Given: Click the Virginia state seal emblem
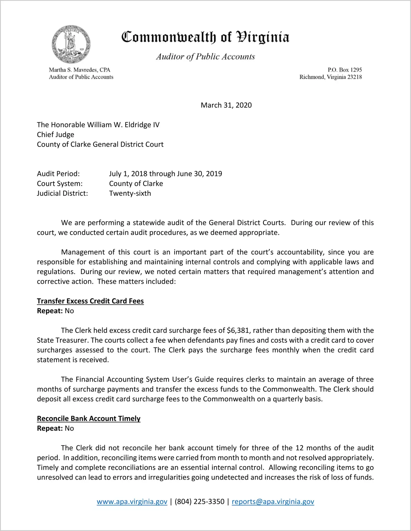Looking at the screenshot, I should point(71,44).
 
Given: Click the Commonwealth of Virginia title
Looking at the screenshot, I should point(205,37).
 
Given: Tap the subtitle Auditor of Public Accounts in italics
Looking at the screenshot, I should point(205,57).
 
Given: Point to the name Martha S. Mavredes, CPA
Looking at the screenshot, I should point(80,70).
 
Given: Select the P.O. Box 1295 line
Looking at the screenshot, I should point(345,70).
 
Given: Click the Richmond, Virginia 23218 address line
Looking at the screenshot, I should point(330,77).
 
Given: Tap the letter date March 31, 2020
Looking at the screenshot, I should point(226,105).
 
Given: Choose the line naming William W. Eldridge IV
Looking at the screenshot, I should point(98,125).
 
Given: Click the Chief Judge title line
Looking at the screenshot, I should point(56,135).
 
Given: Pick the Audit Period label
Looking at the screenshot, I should point(58,174).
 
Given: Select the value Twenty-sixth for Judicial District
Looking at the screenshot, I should point(130,193).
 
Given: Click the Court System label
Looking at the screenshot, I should point(60,184).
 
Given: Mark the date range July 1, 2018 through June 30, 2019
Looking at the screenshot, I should point(165,174).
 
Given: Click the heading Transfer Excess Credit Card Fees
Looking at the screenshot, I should point(90,301).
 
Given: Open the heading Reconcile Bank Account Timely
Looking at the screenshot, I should point(89,419).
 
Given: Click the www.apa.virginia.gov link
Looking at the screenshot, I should point(132,502).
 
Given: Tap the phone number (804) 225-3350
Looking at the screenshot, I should point(199,502).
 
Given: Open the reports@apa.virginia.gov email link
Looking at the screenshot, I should point(273,502).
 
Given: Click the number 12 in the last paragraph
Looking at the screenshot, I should point(299,448).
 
